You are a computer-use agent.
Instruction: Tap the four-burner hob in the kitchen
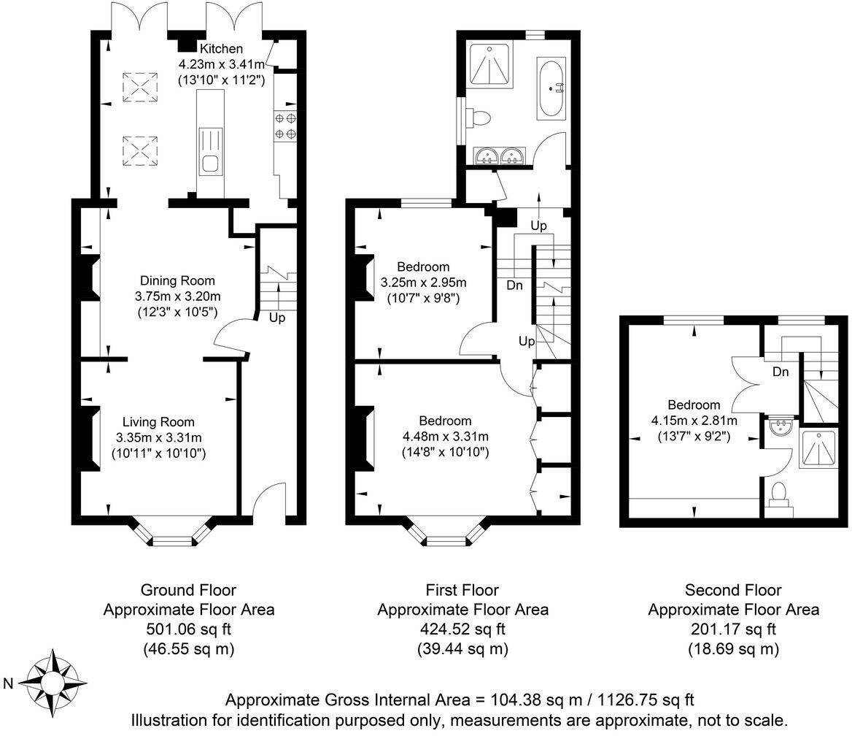tap(285, 125)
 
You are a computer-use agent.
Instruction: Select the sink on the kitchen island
tap(209, 164)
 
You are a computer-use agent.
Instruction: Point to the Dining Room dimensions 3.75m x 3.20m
tap(178, 296)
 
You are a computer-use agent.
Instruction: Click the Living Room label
tap(158, 421)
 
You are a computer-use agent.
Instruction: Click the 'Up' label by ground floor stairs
tap(277, 318)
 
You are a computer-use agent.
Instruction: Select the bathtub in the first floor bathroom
tap(551, 89)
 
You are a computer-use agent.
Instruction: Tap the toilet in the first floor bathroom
tap(481, 117)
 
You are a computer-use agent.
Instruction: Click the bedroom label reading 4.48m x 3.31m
tap(445, 437)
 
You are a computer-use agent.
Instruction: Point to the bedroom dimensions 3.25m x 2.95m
tap(424, 283)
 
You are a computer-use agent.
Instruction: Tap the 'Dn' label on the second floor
tap(781, 372)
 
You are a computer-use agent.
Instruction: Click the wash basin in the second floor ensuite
tap(781, 426)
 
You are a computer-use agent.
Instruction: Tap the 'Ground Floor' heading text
tap(188, 590)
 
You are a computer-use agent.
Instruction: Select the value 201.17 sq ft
tap(733, 629)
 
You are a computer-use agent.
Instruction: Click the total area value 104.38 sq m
tap(541, 700)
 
